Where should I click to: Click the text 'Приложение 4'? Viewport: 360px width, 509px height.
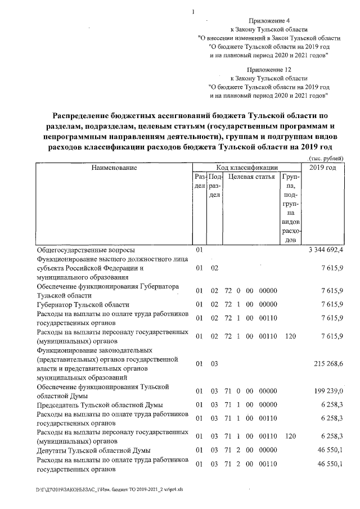269,20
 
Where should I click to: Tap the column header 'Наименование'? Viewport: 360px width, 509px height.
114,168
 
